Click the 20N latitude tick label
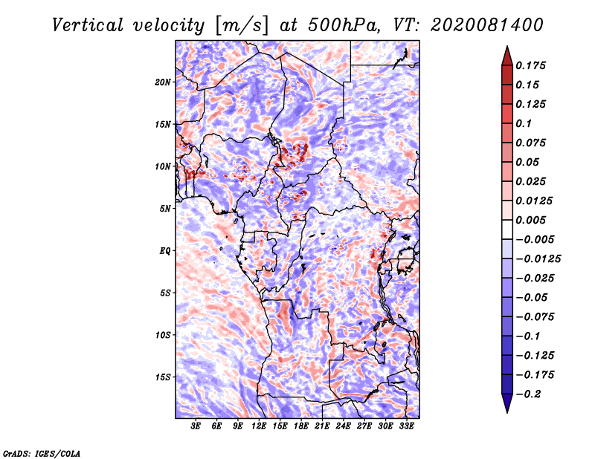163,82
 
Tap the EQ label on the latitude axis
165,251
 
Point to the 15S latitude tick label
163,377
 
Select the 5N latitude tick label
165,209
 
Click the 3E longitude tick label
196,426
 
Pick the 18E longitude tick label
301,426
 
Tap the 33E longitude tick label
406,426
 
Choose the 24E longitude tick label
343,426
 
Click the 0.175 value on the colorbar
530,65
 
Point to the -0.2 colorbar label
528,394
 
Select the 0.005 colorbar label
530,220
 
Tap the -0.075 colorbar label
535,317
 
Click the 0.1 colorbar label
524,123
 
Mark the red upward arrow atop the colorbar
507,56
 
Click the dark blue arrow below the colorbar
507,403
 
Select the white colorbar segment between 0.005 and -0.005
507,229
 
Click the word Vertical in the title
88,25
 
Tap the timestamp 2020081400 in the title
487,25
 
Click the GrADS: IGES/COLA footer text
42,454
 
